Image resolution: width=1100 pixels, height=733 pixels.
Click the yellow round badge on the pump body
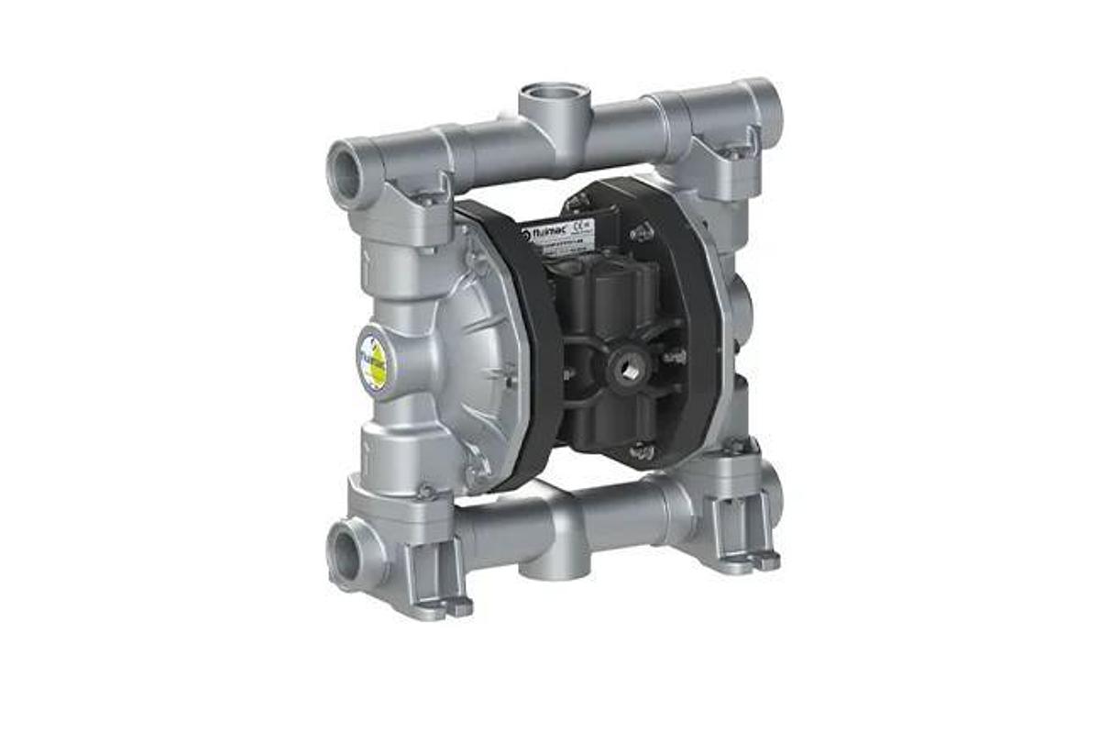373,361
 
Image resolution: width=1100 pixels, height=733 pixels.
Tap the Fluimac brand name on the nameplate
546,233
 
